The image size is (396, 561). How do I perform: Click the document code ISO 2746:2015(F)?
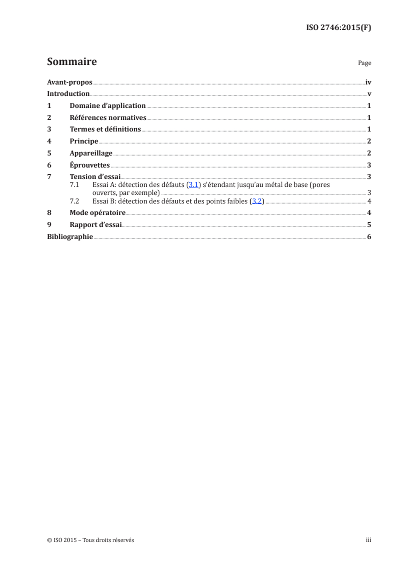click(x=338, y=27)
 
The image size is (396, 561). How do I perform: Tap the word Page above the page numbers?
click(x=365, y=63)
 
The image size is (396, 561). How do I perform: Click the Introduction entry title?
click(x=68, y=93)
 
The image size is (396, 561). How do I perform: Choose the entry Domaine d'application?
click(x=107, y=105)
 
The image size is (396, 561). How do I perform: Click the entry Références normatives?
click(x=108, y=117)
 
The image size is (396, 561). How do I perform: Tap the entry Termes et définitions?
click(x=105, y=129)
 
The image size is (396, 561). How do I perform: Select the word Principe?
click(x=84, y=141)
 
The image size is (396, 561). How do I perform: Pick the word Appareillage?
click(x=91, y=153)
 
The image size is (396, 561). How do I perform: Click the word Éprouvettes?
click(x=90, y=165)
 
